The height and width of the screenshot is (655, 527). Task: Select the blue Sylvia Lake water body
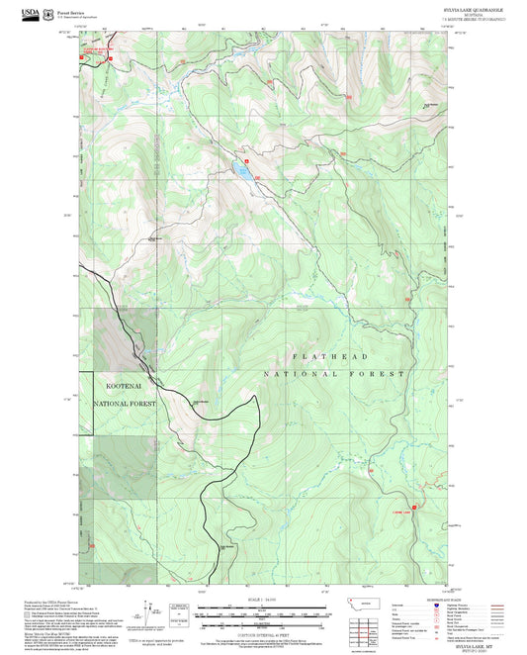click(x=241, y=168)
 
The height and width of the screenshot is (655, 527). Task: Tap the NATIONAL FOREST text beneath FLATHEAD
click(x=334, y=375)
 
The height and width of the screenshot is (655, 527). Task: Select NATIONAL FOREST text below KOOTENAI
click(x=125, y=404)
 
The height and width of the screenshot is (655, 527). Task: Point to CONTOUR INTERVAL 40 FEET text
click(x=263, y=633)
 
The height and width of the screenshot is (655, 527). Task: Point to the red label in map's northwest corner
click(x=98, y=48)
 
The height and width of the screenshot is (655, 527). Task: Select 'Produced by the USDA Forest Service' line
click(x=110, y=601)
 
